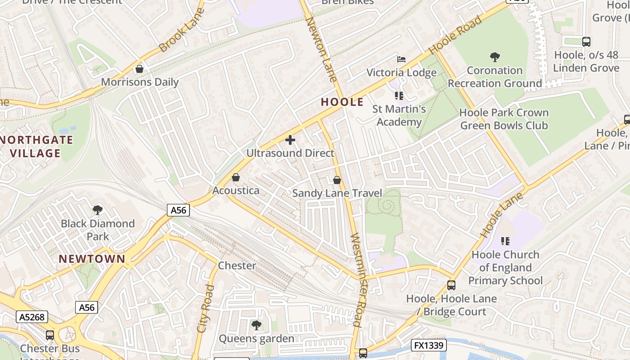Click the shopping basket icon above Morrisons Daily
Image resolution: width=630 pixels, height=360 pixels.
point(139,69)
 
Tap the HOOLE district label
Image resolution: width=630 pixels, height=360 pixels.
point(342,102)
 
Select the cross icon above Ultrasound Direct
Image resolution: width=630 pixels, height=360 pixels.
point(290,140)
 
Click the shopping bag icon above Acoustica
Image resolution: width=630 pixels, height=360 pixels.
point(236,178)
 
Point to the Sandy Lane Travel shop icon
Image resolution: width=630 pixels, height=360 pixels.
point(337,180)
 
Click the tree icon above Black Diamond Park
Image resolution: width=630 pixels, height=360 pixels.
point(97,210)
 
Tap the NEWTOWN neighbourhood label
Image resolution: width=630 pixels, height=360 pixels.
point(92,259)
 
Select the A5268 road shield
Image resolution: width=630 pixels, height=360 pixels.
point(32,317)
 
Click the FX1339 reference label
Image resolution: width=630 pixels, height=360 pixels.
point(428,346)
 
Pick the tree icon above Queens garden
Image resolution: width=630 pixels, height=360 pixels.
point(256,325)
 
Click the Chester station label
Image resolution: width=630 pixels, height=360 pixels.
point(237,265)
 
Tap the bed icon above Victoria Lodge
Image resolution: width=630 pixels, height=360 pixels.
point(401,59)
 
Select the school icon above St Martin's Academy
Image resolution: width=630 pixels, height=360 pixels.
point(399,95)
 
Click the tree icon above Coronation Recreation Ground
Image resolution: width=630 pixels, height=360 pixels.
point(495,57)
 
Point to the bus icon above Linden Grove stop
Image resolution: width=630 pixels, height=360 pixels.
point(586,42)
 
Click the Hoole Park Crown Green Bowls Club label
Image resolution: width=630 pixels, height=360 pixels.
point(504,119)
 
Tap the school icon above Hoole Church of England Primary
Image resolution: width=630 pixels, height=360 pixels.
point(505,241)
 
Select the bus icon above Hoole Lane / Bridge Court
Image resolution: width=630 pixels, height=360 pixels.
point(451,285)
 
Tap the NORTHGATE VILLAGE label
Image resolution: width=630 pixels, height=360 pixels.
point(36,146)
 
